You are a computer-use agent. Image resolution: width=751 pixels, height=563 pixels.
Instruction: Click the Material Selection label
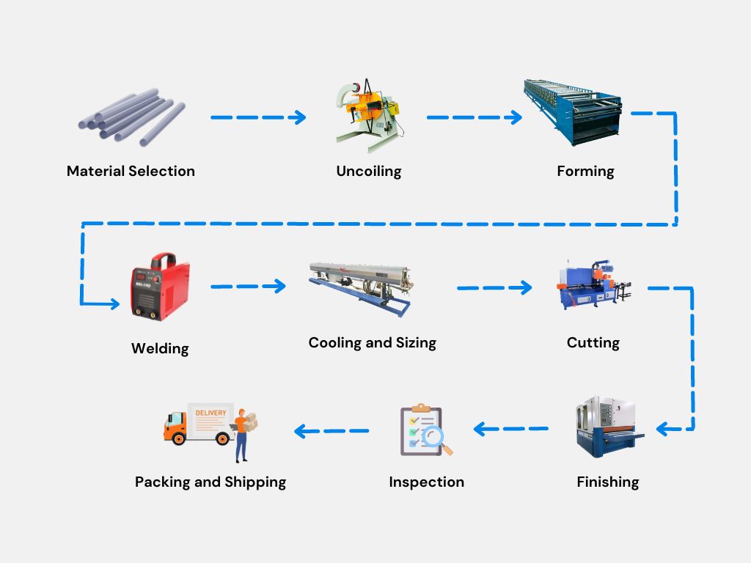tap(131, 171)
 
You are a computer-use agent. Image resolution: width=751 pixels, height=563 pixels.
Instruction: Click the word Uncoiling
tap(369, 172)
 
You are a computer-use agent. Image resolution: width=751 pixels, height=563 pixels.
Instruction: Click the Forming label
tap(585, 171)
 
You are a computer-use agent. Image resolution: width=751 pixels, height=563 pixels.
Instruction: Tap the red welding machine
tap(159, 287)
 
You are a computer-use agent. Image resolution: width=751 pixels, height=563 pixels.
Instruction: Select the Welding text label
tap(160, 348)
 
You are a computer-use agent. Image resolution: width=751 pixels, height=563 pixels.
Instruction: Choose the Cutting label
tap(593, 342)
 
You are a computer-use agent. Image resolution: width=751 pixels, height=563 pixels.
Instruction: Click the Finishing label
tap(607, 482)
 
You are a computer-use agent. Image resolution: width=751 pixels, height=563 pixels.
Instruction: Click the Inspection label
tap(426, 482)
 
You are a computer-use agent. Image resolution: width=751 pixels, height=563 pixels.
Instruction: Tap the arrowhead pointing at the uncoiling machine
tap(298, 117)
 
